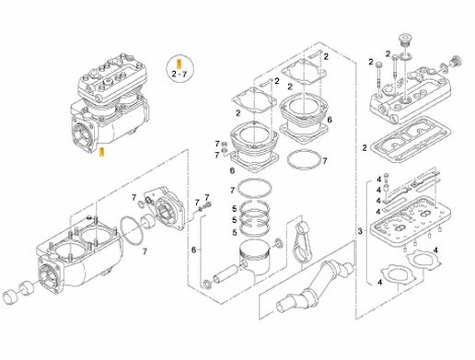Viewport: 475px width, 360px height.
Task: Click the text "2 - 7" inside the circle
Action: [180, 74]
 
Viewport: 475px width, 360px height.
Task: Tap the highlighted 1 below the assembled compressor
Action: [102, 152]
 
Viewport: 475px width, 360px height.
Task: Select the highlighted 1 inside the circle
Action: [180, 64]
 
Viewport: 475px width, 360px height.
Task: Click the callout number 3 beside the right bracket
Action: [360, 231]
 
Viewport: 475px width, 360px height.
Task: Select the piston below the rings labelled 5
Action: [256, 257]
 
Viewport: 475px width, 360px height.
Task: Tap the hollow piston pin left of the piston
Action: [226, 273]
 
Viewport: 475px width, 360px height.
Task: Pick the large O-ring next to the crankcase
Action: [133, 230]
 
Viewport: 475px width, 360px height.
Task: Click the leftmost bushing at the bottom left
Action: [10, 296]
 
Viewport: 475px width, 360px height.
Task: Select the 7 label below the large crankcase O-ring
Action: [145, 251]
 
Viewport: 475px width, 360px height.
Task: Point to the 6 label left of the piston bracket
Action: [193, 250]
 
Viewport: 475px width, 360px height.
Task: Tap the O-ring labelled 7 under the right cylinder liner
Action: [305, 159]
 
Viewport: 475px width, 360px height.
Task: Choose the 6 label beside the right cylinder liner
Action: [330, 120]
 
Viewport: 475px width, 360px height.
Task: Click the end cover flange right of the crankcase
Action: [165, 209]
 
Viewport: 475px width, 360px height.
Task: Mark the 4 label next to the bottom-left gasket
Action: [380, 282]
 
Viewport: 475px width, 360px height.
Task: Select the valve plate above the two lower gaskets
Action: [411, 219]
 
